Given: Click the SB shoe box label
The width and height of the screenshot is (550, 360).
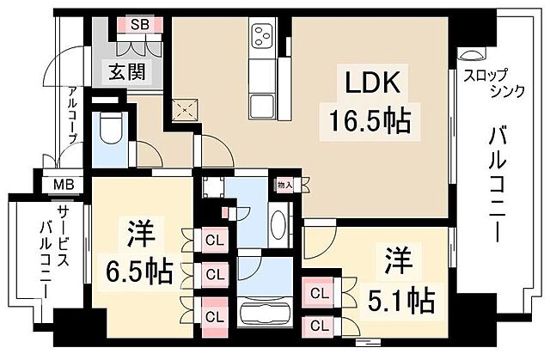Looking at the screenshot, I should (140, 24).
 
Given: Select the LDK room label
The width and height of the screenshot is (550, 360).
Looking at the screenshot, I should (371, 84).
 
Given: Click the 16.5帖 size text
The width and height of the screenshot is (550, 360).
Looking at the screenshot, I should (365, 119).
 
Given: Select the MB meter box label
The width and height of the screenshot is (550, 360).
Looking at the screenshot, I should (64, 184).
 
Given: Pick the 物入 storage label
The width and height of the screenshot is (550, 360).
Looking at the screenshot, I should (284, 184).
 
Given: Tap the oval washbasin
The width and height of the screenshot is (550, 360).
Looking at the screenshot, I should (279, 226).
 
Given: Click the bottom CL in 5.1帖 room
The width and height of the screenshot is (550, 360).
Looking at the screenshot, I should (320, 326).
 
